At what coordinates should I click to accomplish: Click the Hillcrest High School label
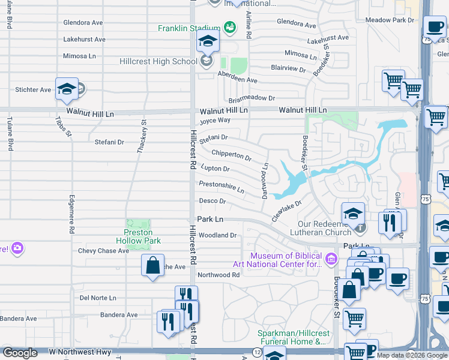(158, 61)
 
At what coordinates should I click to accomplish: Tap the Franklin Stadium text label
(189, 28)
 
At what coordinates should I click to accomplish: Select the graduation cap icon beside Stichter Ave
(67, 89)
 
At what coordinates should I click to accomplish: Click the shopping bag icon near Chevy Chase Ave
(153, 265)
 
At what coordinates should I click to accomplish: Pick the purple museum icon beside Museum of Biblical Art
(331, 259)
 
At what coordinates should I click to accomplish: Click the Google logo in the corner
(20, 353)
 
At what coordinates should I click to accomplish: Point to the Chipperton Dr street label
(231, 155)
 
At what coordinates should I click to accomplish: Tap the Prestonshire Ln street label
(221, 187)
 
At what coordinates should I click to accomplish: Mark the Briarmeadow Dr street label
(251, 98)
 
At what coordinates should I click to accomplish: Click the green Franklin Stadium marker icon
(229, 27)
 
